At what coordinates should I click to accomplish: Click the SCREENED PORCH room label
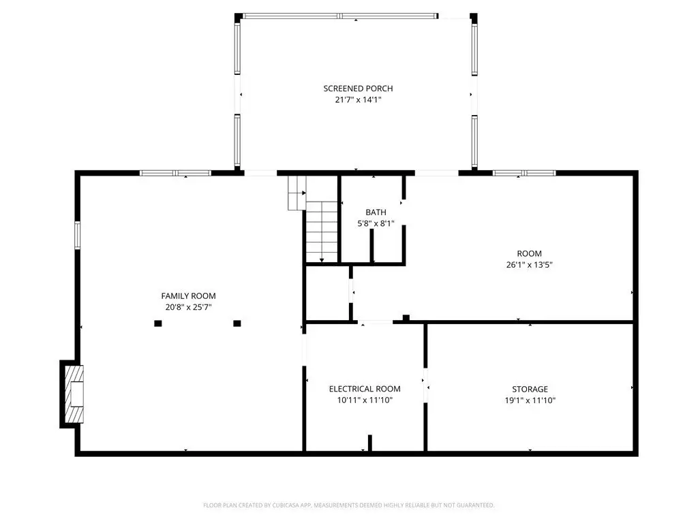(x=358, y=89)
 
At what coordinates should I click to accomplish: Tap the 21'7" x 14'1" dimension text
(x=358, y=99)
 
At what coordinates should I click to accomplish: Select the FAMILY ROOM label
(x=188, y=296)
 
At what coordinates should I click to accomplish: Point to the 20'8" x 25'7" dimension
(x=188, y=307)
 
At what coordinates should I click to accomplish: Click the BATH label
(x=376, y=212)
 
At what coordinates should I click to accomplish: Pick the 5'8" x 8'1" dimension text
(x=376, y=223)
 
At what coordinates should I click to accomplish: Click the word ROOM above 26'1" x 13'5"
(x=529, y=253)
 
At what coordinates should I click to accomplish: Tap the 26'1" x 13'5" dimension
(x=529, y=265)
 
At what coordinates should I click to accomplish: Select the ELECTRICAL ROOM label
(x=365, y=389)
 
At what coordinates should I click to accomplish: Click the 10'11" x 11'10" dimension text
(x=365, y=400)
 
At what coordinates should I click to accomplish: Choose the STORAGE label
(x=530, y=389)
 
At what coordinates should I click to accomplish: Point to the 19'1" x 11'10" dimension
(x=530, y=400)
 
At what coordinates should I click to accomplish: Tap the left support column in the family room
(x=158, y=323)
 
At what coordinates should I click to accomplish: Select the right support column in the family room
(x=237, y=323)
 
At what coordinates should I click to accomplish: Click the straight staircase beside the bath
(x=322, y=232)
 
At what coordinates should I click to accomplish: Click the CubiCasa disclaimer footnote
(x=348, y=505)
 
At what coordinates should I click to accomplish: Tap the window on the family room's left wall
(x=78, y=236)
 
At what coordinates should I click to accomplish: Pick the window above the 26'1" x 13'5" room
(x=524, y=173)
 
